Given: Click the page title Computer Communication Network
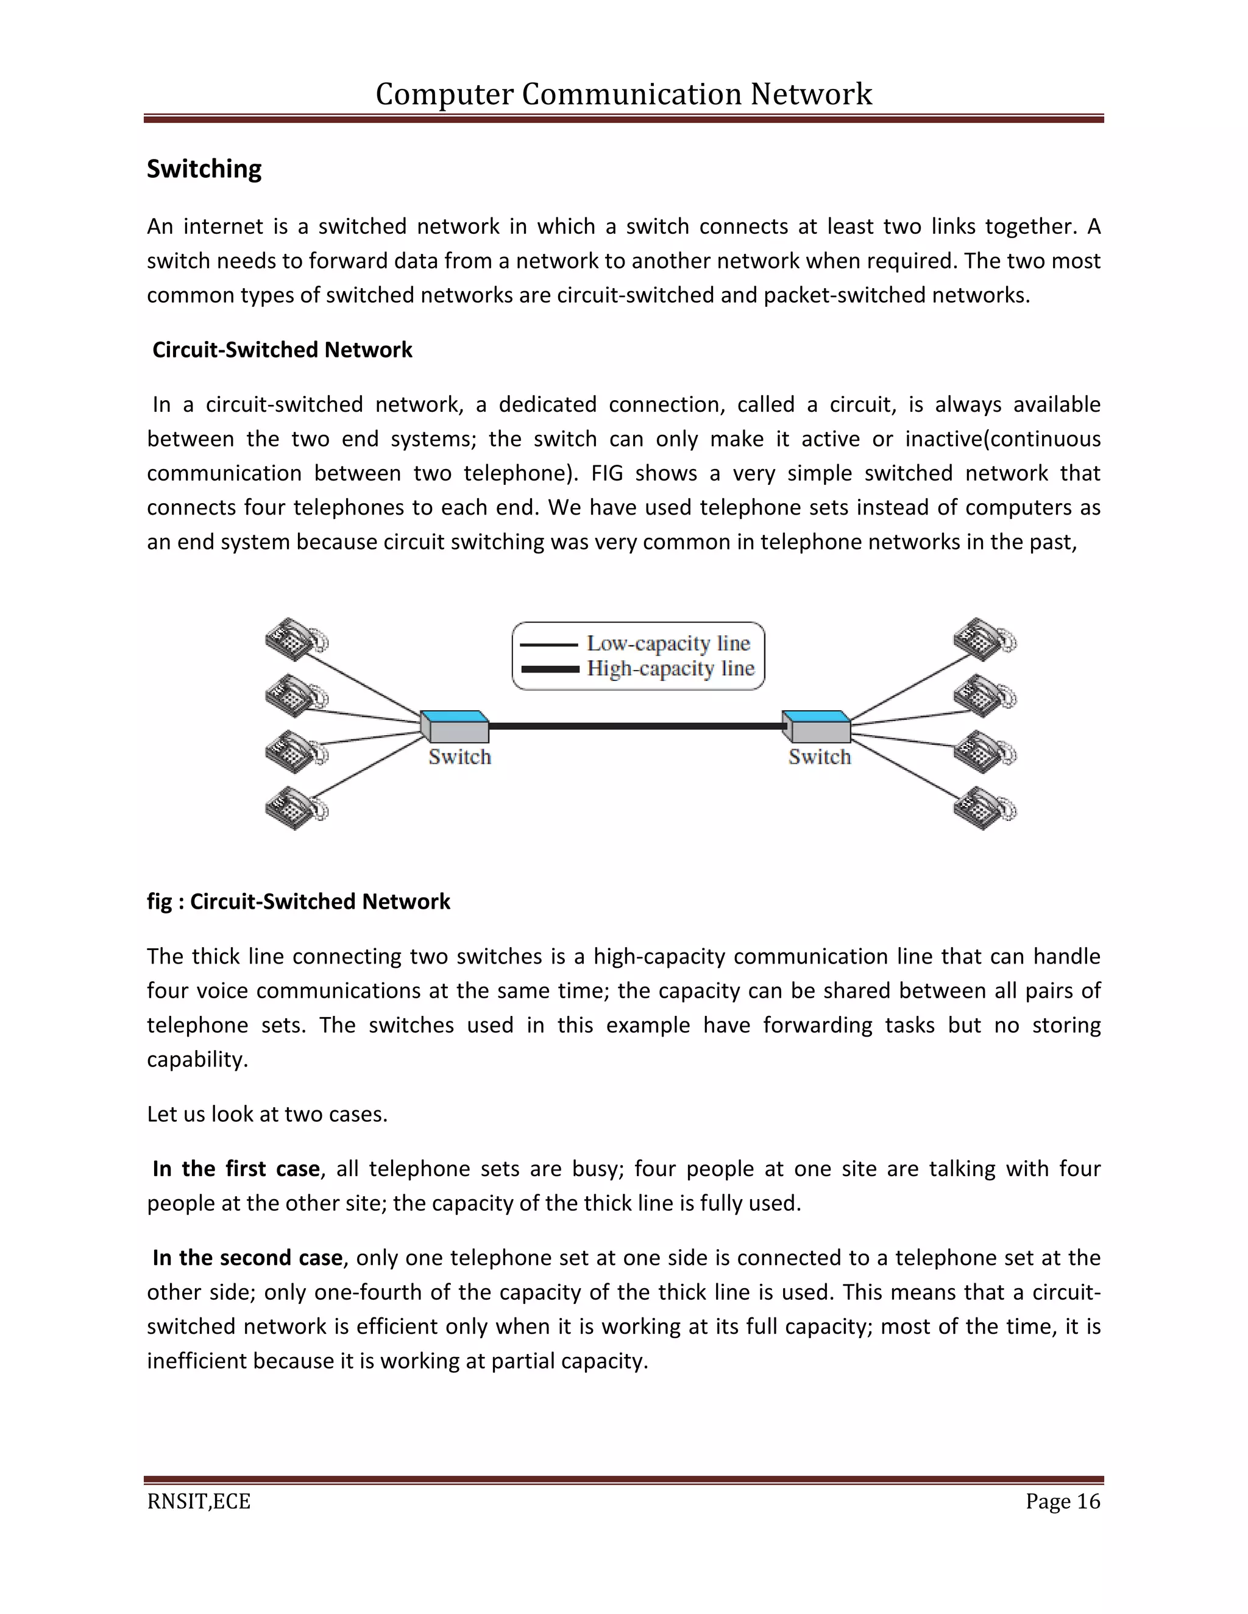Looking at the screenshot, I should [x=623, y=94].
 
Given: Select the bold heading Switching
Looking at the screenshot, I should [x=204, y=169].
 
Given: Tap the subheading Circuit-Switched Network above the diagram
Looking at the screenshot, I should [x=282, y=350].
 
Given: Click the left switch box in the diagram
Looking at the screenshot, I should [x=455, y=727].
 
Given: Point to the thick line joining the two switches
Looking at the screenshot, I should [x=636, y=727].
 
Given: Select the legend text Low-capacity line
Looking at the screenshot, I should [x=668, y=644].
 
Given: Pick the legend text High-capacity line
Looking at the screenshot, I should [x=670, y=669].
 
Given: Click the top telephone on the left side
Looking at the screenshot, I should [x=295, y=638].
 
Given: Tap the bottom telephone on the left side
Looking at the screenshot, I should [x=295, y=808].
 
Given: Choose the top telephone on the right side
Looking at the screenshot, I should [x=984, y=638].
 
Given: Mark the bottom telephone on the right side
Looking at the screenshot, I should [x=984, y=808].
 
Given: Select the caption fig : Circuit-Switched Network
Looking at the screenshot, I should [x=298, y=901].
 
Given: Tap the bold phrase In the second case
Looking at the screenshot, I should [x=247, y=1258].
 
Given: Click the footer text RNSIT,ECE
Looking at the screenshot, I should [x=199, y=1502].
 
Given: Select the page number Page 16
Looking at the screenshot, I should [x=1062, y=1502].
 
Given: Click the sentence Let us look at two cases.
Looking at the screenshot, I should [x=267, y=1114].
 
